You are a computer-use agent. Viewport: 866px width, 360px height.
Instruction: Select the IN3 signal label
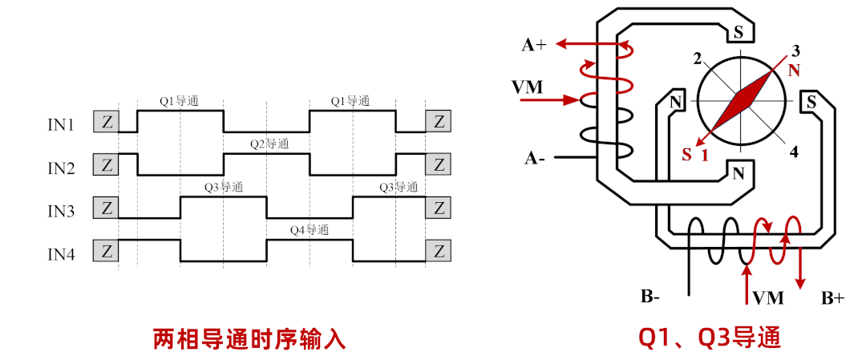[x=60, y=211]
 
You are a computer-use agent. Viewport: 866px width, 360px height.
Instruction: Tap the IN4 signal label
[x=60, y=255]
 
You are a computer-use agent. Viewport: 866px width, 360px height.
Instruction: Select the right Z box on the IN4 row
[x=438, y=251]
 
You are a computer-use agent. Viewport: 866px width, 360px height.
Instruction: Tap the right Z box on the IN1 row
[x=438, y=122]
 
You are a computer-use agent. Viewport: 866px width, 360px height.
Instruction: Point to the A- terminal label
[x=535, y=159]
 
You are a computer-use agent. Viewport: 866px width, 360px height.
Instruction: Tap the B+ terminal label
[x=832, y=298]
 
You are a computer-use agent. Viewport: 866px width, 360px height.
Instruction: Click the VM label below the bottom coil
[x=767, y=298]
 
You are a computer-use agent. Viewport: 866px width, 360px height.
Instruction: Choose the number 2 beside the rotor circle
[x=698, y=58]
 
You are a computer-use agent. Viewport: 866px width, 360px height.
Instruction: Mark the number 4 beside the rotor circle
[x=793, y=152]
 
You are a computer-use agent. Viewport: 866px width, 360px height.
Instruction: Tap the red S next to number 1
[x=686, y=155]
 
